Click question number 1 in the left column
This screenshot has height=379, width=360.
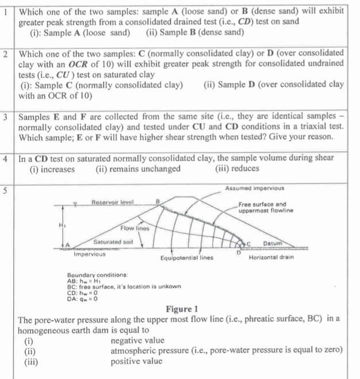tap(5, 12)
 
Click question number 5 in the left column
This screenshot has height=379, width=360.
tap(5, 190)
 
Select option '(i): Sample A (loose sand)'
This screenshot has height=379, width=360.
tap(80, 32)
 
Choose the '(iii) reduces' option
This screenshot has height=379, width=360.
tap(236, 169)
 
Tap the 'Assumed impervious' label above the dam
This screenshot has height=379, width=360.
tap(255, 189)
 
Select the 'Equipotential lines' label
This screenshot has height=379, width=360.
tap(187, 257)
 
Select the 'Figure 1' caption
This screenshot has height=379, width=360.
tap(181, 309)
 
